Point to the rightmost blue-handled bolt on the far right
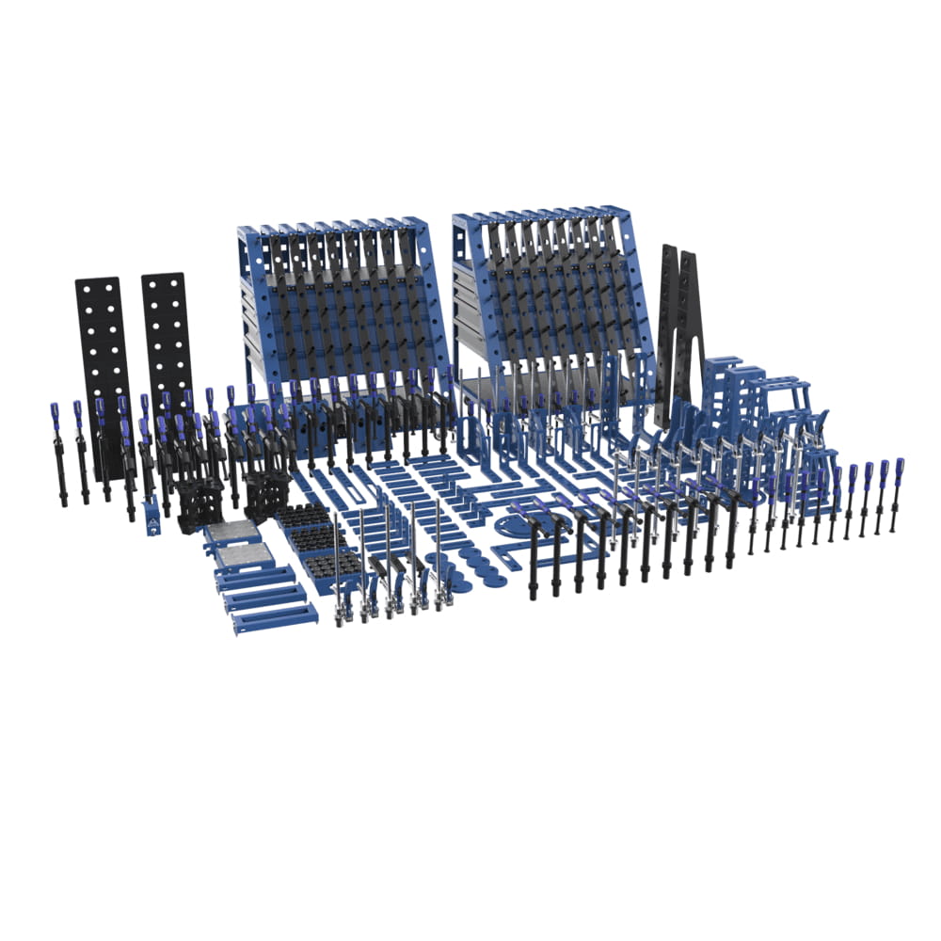click(897, 494)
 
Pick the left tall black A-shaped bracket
click(667, 329)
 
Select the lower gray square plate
click(246, 555)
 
